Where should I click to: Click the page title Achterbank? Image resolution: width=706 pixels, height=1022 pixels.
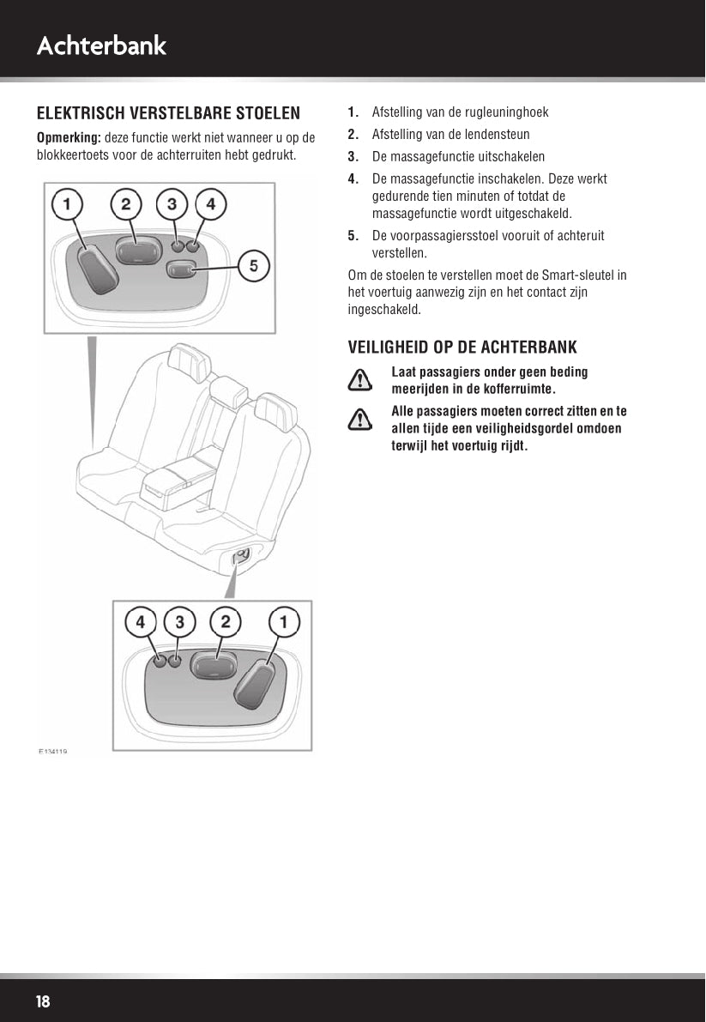point(101,45)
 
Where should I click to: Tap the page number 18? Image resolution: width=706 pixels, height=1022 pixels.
point(43,1002)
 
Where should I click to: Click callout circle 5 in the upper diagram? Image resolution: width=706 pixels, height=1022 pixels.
point(254,266)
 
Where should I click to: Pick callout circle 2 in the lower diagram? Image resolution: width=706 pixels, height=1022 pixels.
point(226,621)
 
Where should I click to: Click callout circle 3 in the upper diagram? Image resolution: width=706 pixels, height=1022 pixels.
point(172,204)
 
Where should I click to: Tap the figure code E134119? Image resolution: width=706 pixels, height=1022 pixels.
point(52,751)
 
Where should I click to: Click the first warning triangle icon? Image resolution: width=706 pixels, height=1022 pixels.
point(364,378)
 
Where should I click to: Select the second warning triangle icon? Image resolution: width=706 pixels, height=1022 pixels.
point(364,418)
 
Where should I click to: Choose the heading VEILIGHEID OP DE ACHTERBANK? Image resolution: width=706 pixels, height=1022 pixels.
point(462,348)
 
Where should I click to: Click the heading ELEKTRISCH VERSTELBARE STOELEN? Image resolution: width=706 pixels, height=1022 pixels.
point(168,114)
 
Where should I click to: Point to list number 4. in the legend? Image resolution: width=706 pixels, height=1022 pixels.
point(353,179)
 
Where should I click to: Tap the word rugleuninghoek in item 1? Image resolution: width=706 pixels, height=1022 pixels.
point(509,112)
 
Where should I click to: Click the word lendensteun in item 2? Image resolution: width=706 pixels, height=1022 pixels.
point(498,135)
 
